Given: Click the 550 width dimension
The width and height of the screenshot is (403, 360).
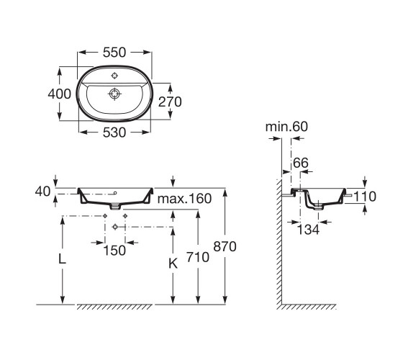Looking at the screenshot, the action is click(x=114, y=53).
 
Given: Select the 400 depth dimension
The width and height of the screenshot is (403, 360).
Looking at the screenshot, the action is click(x=59, y=94).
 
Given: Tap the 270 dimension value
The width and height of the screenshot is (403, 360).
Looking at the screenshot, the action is click(x=170, y=102).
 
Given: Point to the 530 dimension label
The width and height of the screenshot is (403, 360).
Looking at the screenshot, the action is click(x=114, y=132).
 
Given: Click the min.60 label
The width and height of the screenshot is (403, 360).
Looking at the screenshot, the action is click(x=286, y=127).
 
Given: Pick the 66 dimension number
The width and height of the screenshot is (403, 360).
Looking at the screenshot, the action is click(x=301, y=163).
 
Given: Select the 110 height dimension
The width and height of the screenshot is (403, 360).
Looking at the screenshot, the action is click(x=365, y=197).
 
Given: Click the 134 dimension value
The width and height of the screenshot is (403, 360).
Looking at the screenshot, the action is click(x=308, y=230).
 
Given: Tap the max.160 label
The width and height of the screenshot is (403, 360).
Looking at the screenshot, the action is click(x=184, y=199).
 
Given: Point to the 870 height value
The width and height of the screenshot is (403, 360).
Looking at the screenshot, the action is click(x=225, y=246).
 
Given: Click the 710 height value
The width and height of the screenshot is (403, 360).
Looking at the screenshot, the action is click(x=198, y=258).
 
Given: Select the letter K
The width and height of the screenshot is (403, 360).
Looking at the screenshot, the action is click(x=173, y=264).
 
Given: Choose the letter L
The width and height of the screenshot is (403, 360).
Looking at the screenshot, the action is click(x=62, y=259).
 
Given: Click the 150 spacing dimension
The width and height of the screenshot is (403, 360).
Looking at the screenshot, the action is click(x=114, y=251).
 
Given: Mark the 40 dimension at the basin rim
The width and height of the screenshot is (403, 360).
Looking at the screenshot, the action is click(x=42, y=192).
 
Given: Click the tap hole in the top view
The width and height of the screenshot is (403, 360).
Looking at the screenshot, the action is click(x=114, y=76).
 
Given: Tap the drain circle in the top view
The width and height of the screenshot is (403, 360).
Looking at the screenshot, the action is click(x=114, y=94).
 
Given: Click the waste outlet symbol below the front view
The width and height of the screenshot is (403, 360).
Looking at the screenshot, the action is click(x=115, y=227).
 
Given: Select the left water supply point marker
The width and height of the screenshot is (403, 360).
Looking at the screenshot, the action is click(x=105, y=216).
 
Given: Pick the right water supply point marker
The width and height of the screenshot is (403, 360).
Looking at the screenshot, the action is click(x=125, y=216).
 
